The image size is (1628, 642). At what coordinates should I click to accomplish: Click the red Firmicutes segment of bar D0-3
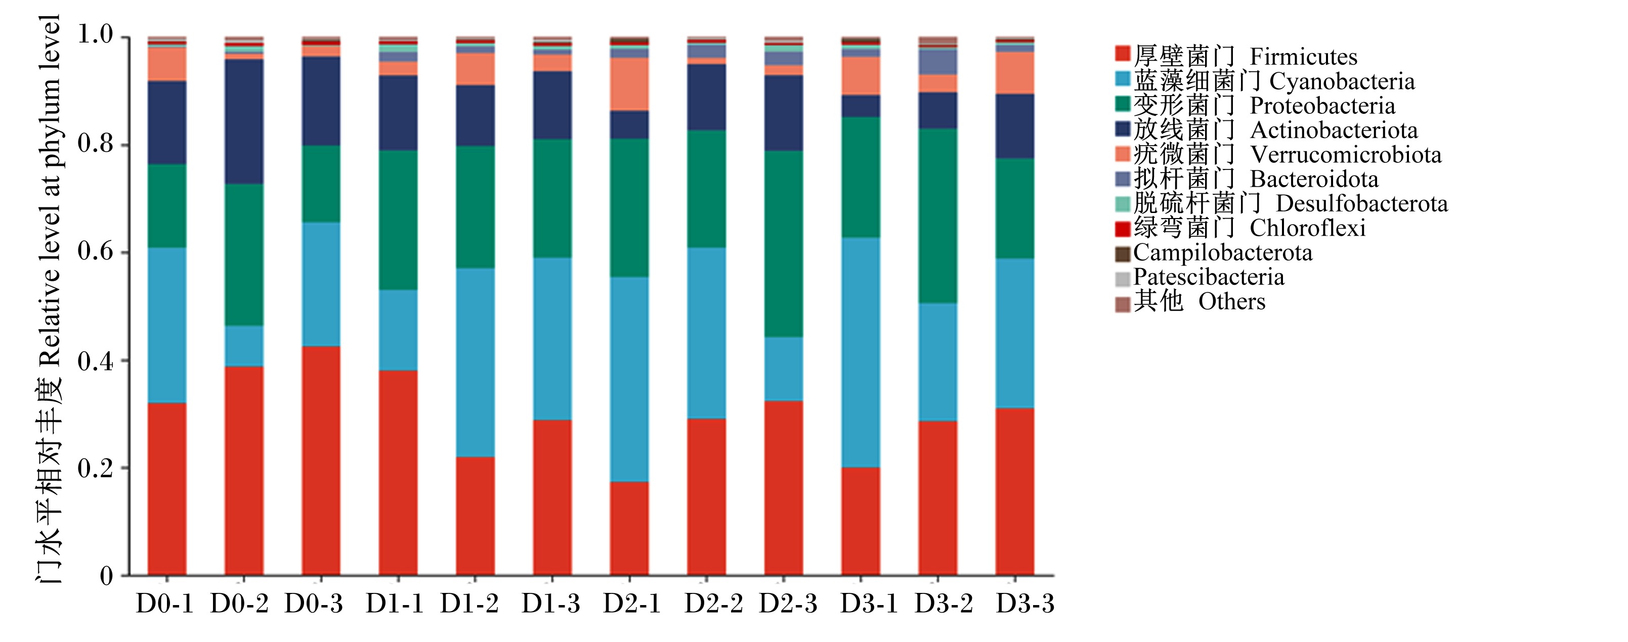pyautogui.click(x=321, y=461)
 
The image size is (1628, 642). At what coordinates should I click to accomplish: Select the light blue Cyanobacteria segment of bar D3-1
pyautogui.click(x=861, y=353)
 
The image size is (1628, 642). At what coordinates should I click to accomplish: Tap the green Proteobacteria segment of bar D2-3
pyautogui.click(x=784, y=244)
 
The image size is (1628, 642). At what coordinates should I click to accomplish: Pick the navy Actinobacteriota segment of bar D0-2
pyautogui.click(x=244, y=122)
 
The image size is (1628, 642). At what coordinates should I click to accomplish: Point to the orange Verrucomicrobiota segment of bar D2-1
pyautogui.click(x=629, y=84)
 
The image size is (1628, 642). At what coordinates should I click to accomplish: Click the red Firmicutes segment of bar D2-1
pyautogui.click(x=629, y=529)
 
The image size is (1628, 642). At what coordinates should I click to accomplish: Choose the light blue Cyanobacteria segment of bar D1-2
pyautogui.click(x=475, y=363)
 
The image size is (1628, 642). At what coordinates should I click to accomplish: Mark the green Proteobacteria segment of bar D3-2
pyautogui.click(x=938, y=216)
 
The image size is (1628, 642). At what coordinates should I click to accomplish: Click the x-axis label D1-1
pyautogui.click(x=395, y=604)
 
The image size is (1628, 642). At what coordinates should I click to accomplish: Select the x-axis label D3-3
pyautogui.click(x=1025, y=604)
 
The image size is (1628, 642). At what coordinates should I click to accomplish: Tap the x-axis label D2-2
pyautogui.click(x=713, y=604)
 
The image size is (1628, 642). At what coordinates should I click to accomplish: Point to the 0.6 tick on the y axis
pyautogui.click(x=125, y=252)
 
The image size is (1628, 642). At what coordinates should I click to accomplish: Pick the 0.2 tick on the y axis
pyautogui.click(x=125, y=468)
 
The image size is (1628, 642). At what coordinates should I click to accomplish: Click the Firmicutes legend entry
pyautogui.click(x=1235, y=56)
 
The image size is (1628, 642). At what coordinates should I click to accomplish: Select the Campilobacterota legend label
pyautogui.click(x=1223, y=253)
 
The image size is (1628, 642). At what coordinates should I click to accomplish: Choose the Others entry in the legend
pyautogui.click(x=1190, y=302)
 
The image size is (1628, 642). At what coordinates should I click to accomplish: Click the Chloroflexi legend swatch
pyautogui.click(x=1123, y=229)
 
